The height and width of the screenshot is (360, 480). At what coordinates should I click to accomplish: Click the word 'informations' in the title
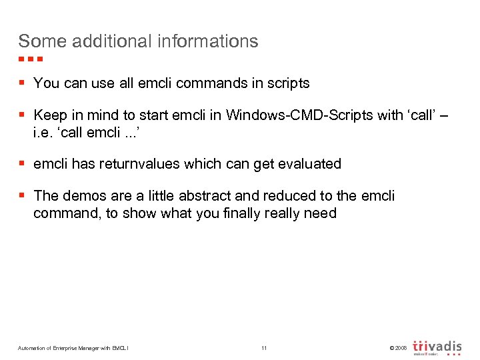coord(208,41)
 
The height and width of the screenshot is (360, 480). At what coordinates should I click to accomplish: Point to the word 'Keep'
coord(49,115)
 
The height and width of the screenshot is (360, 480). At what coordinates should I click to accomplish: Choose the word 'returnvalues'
coord(137,163)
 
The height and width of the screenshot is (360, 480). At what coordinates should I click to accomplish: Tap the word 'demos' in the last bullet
coord(83,196)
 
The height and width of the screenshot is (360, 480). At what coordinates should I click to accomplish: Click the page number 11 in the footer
coord(264,348)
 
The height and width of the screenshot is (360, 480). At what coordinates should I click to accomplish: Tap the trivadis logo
coord(437,347)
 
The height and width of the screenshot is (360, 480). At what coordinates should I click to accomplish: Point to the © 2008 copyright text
coord(396,348)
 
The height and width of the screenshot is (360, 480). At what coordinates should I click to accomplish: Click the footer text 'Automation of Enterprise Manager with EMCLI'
coord(73,348)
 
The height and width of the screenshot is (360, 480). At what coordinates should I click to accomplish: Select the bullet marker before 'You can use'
coord(23,83)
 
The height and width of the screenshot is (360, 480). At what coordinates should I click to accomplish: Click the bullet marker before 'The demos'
coord(23,196)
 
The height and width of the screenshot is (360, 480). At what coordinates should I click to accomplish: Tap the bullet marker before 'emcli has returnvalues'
coord(23,163)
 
